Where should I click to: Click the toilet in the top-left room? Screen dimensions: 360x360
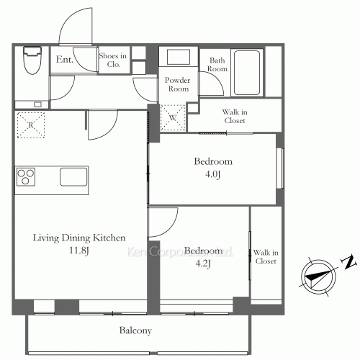pos(32,60)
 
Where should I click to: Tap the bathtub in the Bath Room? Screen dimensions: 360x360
pos(247,73)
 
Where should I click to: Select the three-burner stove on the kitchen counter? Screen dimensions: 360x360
pos(26,177)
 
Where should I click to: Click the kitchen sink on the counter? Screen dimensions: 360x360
pos(73,177)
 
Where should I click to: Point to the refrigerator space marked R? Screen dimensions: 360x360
pos(31,125)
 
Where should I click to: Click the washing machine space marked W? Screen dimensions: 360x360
pos(173,117)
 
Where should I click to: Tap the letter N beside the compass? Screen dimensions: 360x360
pos(348,262)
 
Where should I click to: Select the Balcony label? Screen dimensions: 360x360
pos(135,330)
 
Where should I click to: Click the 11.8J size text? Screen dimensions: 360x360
pos(79,251)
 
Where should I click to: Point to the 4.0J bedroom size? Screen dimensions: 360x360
pos(213,174)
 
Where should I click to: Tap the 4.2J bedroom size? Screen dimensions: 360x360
pos(203,264)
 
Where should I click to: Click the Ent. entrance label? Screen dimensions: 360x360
pos(65,59)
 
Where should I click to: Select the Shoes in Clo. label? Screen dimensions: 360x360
pos(113,60)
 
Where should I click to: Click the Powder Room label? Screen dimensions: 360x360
pos(178,84)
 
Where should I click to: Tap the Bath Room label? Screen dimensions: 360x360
pos(217,64)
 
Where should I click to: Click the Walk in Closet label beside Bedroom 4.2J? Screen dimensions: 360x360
pos(266,257)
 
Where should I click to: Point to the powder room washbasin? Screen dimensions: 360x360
pos(179,57)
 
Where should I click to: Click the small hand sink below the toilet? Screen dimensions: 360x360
pos(37,104)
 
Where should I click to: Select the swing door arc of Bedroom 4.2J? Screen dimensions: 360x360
pos(170,228)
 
